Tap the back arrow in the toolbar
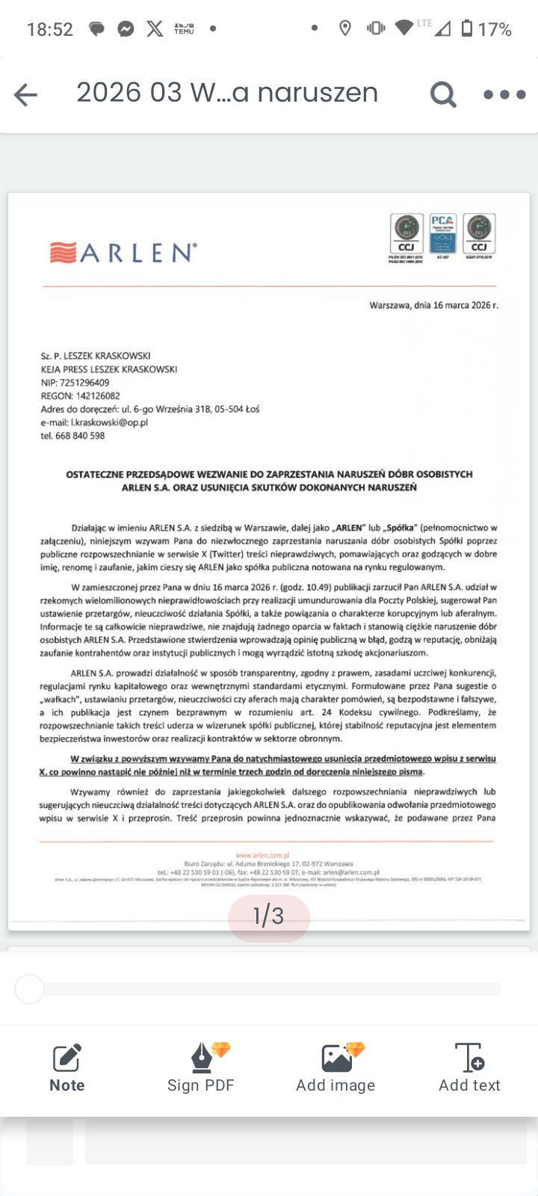[25, 95]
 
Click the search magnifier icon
[443, 95]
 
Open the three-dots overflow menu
[505, 95]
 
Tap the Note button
[67, 1068]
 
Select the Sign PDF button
[201, 1068]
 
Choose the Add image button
[336, 1068]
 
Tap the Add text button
[469, 1068]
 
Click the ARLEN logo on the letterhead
[123, 253]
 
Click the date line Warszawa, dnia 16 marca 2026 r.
[433, 305]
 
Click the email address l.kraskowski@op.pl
[109, 422]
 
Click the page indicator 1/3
[268, 916]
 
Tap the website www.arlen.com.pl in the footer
[262, 855]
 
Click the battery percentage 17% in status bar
[495, 30]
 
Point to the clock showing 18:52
[50, 30]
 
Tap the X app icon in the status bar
[155, 29]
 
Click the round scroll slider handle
[30, 990]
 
